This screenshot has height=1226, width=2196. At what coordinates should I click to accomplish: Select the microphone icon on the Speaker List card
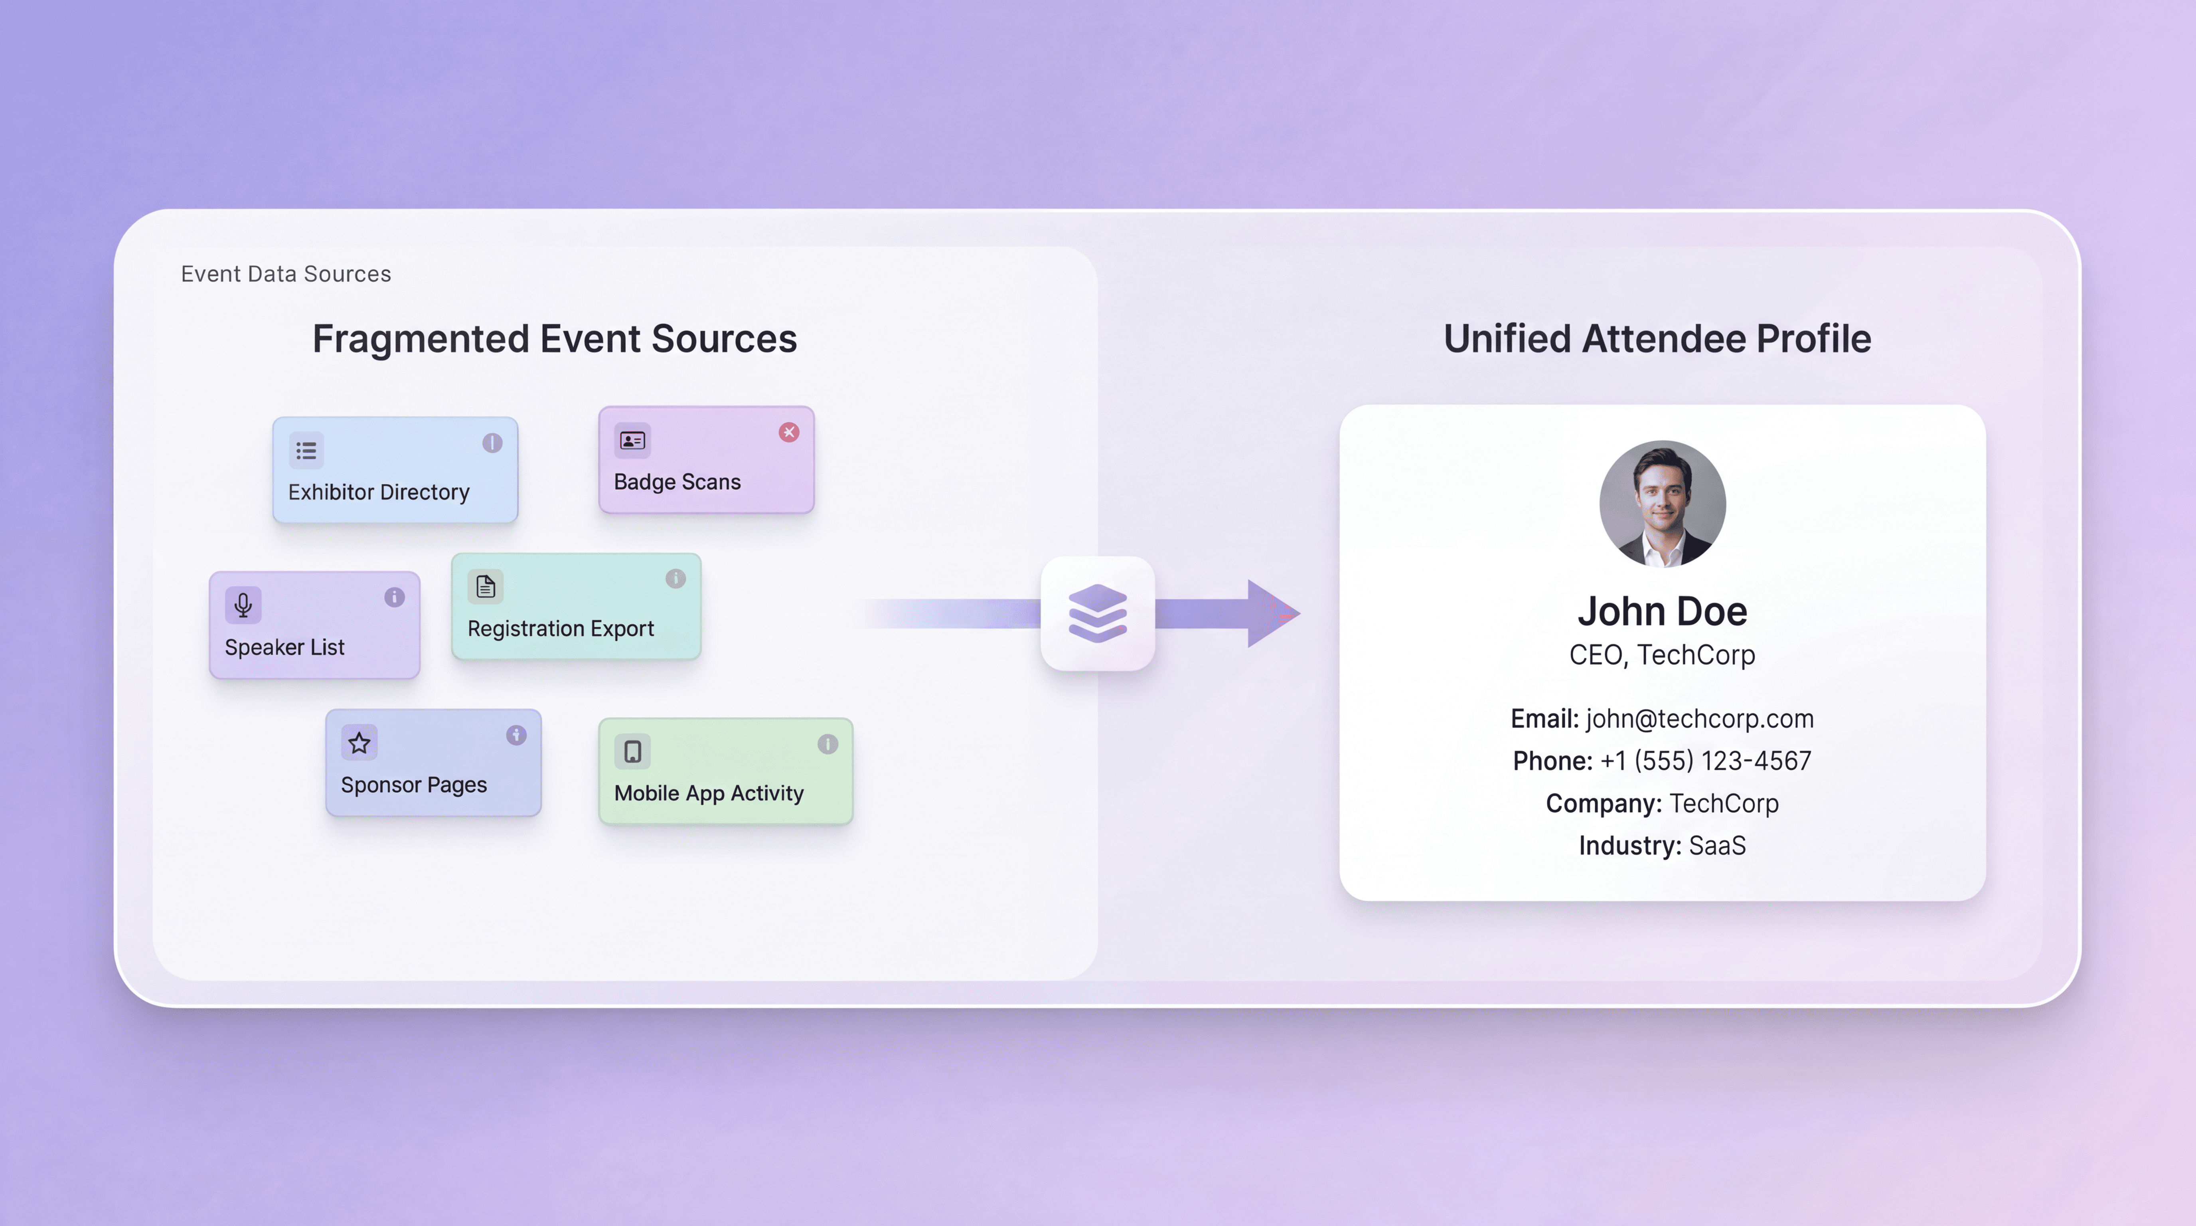click(x=243, y=605)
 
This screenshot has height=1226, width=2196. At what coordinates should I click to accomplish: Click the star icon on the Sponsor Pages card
click(x=359, y=743)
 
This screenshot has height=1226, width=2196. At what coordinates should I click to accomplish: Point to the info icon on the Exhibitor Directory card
click(x=492, y=443)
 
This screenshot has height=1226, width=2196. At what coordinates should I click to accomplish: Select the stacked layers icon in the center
click(x=1097, y=613)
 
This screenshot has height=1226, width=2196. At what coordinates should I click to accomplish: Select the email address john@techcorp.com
click(x=1699, y=719)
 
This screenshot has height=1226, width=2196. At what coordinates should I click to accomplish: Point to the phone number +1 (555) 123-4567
click(x=1705, y=761)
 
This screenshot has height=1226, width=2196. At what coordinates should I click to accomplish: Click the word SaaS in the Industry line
click(x=1717, y=846)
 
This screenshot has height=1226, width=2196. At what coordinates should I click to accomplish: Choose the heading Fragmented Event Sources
click(x=554, y=338)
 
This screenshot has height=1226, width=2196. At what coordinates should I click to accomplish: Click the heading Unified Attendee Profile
click(x=1657, y=338)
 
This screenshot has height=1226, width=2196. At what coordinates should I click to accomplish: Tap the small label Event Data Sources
click(x=286, y=274)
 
